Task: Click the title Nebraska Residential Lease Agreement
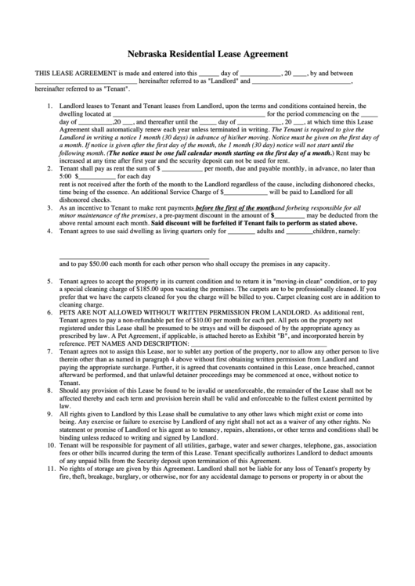tap(207, 55)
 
